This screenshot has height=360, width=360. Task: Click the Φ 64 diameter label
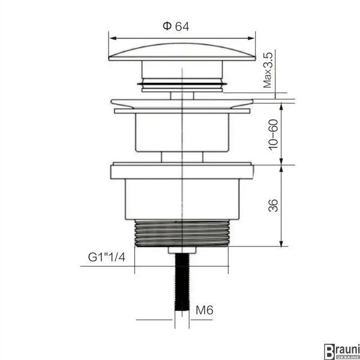tap(176, 26)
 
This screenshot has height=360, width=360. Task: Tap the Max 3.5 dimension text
tap(268, 70)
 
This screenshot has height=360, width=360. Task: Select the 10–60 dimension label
tap(273, 135)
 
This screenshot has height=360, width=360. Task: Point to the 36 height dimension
tap(273, 205)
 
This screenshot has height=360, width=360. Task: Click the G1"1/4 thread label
tap(107, 257)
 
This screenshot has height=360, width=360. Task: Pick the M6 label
tap(205, 310)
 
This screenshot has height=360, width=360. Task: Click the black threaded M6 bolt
tap(182, 282)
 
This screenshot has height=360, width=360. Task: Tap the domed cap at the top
tap(182, 52)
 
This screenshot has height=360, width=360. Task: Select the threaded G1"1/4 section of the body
tap(182, 233)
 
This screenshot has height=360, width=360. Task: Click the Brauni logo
tap(341, 351)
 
